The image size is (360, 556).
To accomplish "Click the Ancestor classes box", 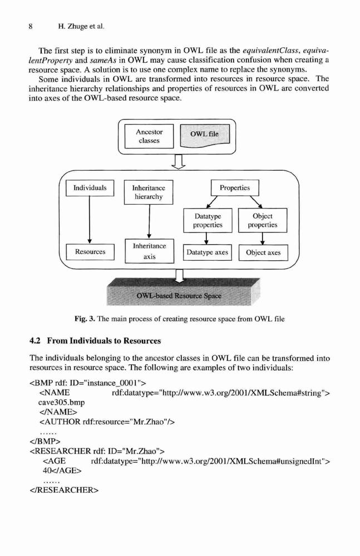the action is [149, 136].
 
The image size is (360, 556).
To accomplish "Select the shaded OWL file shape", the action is [205, 135].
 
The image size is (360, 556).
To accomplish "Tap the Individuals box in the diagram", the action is [90, 188].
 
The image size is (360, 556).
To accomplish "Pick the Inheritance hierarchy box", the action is [149, 192].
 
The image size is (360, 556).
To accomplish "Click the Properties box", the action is [235, 188].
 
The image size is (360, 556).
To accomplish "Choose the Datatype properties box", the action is [208, 221].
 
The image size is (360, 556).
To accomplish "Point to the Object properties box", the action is [263, 221].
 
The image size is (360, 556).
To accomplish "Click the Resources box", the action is [90, 252].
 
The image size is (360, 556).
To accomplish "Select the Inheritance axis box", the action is [150, 251].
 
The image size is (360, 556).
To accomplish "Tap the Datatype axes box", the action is [208, 252].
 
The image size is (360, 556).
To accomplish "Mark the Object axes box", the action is [263, 253].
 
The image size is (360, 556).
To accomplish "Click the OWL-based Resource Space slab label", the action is [179, 295].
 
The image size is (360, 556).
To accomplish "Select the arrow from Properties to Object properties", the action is [255, 202].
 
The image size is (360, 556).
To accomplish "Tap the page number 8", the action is [31, 26].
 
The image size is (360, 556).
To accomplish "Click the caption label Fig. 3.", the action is [85, 319].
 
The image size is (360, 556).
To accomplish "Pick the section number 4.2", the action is [36, 341].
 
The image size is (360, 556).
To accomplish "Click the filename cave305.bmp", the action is [61, 403].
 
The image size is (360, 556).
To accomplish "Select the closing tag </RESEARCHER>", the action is [64, 490].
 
